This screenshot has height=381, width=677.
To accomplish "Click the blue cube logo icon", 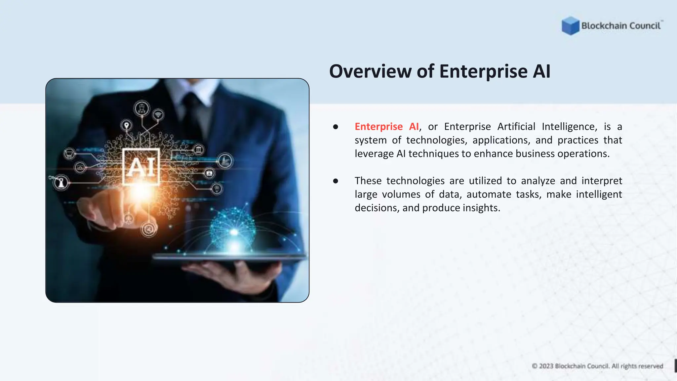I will pos(570,25).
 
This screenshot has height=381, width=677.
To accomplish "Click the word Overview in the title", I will pos(370,71).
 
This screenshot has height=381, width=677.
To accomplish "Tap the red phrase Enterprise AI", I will pos(386,127).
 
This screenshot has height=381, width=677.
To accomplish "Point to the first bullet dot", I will pos(336,127).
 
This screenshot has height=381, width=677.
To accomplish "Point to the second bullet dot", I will pos(336,181).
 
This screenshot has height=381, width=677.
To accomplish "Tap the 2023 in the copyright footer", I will pos(546,366).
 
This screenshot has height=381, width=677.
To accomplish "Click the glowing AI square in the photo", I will pos(141,167).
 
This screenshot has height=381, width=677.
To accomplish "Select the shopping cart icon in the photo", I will pos(69,154).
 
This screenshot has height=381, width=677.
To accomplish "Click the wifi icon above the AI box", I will pos(158,114).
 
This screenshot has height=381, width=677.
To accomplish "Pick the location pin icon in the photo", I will pos(126,125).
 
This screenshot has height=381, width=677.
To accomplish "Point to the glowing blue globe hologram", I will pos(233,225).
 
